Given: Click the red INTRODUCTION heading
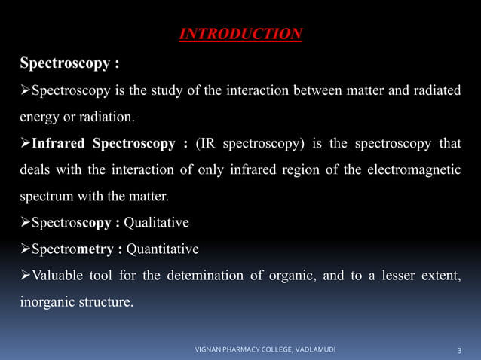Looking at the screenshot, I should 240,35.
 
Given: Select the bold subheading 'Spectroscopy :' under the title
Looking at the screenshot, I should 69,63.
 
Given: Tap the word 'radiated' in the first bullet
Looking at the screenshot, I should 435,90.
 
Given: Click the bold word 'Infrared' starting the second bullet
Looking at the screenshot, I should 61,144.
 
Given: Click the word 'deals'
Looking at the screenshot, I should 36,170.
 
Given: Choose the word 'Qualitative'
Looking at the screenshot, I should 156,223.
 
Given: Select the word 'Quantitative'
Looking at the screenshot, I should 162,249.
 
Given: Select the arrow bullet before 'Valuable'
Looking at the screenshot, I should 25,276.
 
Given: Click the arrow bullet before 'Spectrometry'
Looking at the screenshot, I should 25,249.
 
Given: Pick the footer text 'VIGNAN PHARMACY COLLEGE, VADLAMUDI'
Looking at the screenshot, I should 265,350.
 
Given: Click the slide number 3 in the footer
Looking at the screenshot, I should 460,350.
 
